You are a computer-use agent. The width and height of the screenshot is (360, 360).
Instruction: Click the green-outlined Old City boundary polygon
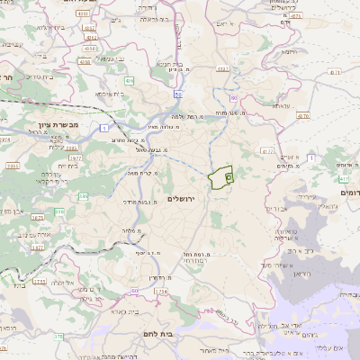[x=220, y=178]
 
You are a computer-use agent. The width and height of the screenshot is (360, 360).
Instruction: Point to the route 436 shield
[x=130, y=81]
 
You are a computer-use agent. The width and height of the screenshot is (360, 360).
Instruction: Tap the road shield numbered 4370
[x=302, y=115]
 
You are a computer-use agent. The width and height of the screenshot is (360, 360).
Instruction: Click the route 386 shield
[x=60, y=212]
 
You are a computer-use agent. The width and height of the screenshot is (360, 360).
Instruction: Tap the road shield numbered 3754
[x=161, y=292]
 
